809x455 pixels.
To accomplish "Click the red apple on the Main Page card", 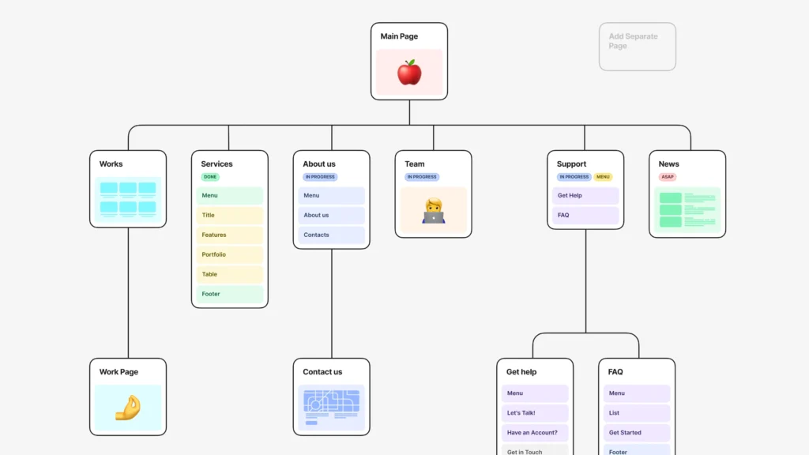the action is point(409,72).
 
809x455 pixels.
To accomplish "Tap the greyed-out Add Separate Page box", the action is point(638,47).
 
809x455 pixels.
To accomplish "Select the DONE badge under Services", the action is point(210,177).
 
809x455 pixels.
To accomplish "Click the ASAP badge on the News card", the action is point(667,177).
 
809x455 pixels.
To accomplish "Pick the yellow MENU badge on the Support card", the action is point(603,177).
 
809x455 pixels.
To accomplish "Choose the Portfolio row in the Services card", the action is point(230,255).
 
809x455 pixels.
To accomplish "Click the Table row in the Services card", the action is point(230,274).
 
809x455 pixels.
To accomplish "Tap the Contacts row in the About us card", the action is point(331,235).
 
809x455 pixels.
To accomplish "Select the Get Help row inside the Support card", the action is point(585,196).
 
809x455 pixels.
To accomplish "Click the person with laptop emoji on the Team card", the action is point(434,211).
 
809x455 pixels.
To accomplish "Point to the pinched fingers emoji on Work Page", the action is point(128,408).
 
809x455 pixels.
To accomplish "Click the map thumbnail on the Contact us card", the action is point(331,408).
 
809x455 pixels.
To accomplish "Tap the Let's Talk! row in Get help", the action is point(535,413).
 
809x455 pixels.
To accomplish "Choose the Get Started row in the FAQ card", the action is point(637,433).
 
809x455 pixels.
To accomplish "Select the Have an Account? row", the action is point(535,433).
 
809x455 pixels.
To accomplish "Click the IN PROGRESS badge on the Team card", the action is point(422,177).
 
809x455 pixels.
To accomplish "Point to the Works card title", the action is point(111,164).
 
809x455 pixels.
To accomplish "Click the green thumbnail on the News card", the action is point(687,210).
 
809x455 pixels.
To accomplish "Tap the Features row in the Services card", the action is point(230,235).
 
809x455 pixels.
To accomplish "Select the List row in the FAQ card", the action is point(637,413).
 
